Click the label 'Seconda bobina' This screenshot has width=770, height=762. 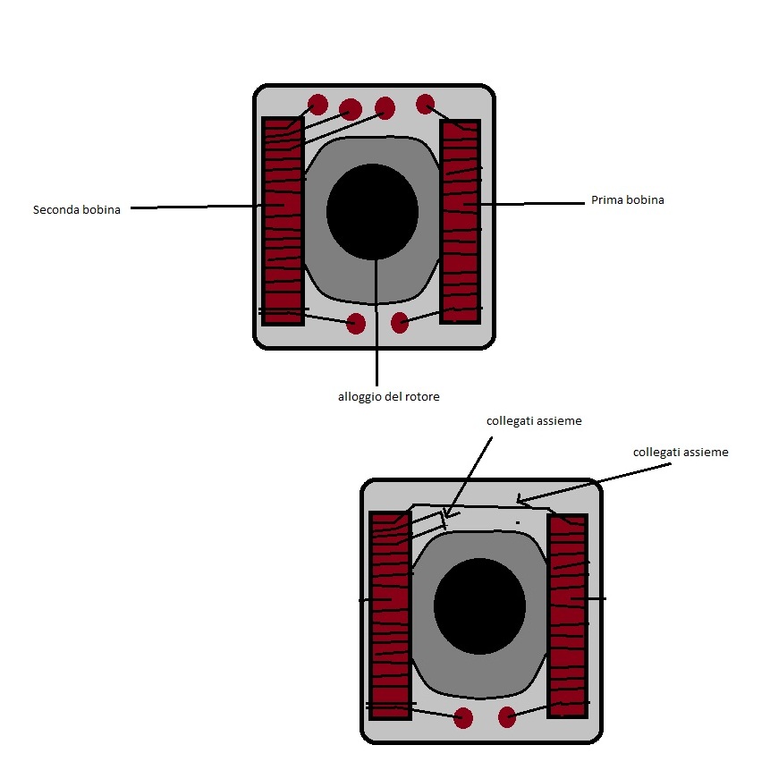tap(77, 209)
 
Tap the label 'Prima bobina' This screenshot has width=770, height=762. tap(628, 199)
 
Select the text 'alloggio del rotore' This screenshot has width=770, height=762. tap(388, 397)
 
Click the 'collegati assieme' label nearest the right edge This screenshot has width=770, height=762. tap(681, 453)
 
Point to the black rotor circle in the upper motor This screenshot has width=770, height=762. tap(372, 212)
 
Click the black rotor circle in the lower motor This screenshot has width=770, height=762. tap(479, 606)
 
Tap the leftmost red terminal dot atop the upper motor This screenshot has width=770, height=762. tap(317, 105)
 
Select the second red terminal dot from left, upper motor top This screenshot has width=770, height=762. tap(351, 109)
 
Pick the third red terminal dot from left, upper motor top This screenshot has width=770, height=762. tap(385, 107)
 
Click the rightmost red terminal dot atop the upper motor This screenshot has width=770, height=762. tap(426, 104)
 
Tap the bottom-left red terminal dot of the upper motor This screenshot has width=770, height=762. tap(356, 324)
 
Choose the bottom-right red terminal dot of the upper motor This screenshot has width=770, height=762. tap(400, 323)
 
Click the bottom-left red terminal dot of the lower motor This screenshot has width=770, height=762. tap(463, 718)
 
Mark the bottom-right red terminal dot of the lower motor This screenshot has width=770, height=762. tap(507, 716)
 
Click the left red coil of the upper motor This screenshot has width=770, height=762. tap(283, 221)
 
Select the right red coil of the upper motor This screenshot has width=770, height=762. tap(461, 221)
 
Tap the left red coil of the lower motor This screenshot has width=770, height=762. tap(391, 615)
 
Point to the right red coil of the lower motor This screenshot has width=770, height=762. tap(568, 615)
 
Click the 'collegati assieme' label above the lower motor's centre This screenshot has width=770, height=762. tap(534, 420)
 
